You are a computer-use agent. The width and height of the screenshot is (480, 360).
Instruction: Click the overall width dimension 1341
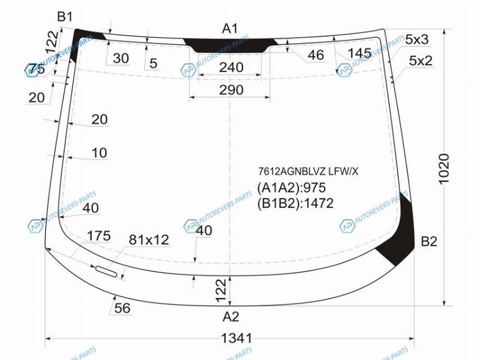point(236,338)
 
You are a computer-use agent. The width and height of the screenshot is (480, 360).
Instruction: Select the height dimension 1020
point(443,169)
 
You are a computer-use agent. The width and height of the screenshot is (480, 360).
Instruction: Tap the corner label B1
point(65,17)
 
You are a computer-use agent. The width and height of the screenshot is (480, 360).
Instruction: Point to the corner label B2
point(429,242)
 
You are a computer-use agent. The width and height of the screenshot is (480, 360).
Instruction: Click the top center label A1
point(230,29)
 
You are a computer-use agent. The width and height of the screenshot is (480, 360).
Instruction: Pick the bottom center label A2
point(230,317)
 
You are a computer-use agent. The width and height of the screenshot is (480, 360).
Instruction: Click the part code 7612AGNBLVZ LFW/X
point(308,172)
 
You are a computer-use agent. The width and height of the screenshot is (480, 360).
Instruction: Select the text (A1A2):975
point(292,188)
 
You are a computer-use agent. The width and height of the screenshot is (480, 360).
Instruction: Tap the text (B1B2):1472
point(295,203)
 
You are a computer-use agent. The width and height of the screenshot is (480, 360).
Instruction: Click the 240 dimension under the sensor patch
point(231,67)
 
